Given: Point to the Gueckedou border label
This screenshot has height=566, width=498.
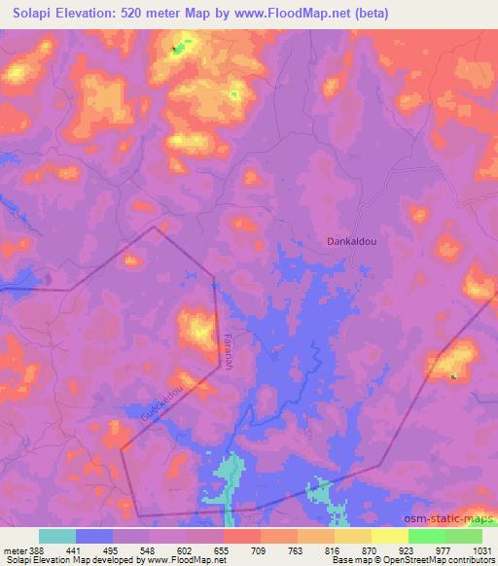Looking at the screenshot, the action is click(161, 399).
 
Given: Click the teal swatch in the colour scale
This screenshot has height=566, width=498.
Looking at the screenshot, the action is click(57, 536).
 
